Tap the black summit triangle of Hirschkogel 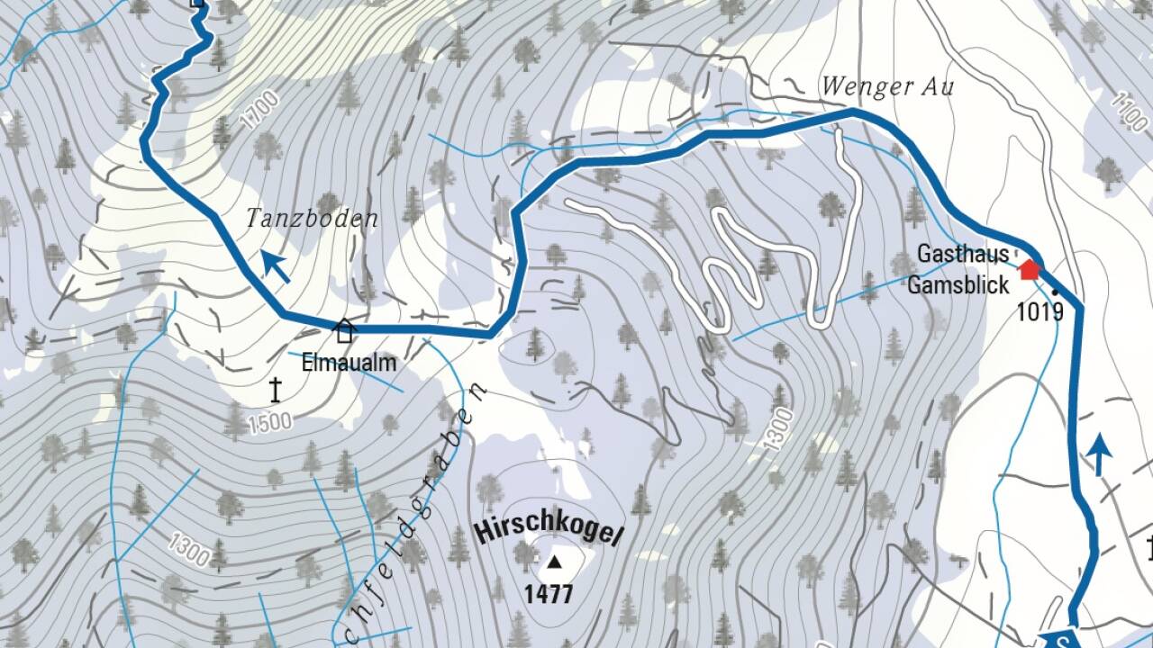(554, 563)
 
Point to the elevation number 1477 (549, 594)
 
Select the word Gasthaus (963, 255)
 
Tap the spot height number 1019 (1040, 312)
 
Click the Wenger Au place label (886, 87)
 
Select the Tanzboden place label (312, 219)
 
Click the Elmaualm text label (361, 365)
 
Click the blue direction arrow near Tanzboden (276, 267)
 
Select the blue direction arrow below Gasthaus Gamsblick (1098, 454)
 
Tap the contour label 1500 (270, 422)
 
